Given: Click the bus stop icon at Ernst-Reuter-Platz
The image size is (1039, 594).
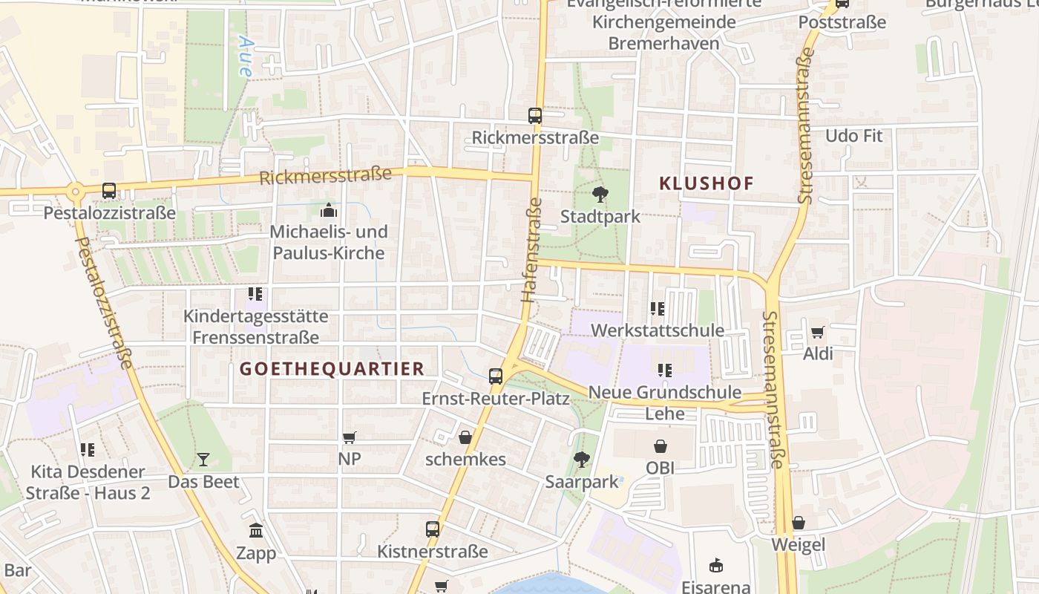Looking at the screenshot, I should (496, 376).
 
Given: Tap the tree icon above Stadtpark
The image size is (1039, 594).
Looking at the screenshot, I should (600, 195).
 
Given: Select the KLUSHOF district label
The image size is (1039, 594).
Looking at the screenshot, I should (706, 183).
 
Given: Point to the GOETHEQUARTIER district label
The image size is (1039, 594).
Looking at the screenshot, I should (332, 369).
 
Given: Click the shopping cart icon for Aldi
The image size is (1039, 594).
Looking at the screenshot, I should (817, 332).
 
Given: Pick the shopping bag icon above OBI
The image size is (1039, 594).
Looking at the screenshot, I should (661, 446).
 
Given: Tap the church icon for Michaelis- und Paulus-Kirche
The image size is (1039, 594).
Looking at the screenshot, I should (328, 211).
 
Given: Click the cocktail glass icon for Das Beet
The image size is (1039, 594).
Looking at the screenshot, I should (203, 460).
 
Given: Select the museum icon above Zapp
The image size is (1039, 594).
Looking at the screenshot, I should (256, 531).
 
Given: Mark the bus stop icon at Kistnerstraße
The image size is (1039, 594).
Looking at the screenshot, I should (433, 529).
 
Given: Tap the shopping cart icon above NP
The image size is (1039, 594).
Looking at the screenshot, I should (350, 438).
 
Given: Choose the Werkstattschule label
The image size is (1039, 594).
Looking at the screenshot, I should (657, 330).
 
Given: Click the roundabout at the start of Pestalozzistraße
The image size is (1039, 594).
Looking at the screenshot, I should (75, 192).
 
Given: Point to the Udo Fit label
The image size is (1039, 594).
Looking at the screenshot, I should (853, 136).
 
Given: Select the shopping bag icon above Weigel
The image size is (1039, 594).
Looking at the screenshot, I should (799, 523).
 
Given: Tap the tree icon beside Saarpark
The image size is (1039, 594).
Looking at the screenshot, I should (582, 460).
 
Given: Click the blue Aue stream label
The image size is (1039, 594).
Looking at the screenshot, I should (245, 57).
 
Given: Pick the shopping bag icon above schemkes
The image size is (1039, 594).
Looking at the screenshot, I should (465, 437).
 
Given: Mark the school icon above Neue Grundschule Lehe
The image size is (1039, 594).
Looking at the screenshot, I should (664, 370).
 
